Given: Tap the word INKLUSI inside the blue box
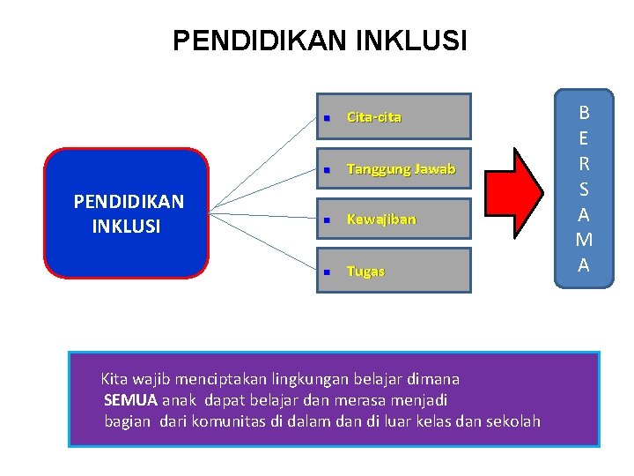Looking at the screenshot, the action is pyautogui.click(x=126, y=226).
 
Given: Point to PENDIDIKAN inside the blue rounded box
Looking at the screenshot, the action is pyautogui.click(x=129, y=202).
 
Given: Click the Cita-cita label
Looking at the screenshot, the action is pyautogui.click(x=374, y=117).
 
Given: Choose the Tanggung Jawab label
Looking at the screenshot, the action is pyautogui.click(x=401, y=168).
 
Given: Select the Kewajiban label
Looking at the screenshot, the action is pyautogui.click(x=381, y=219).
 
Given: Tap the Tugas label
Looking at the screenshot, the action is pyautogui.click(x=365, y=271).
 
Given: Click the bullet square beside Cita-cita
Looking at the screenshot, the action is pyautogui.click(x=325, y=117).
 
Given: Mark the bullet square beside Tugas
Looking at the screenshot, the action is pyautogui.click(x=325, y=272).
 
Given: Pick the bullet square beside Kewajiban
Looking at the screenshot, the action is pyautogui.click(x=325, y=219).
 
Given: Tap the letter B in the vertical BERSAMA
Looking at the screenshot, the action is pyautogui.click(x=583, y=113).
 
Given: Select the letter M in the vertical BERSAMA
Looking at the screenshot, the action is pyautogui.click(x=583, y=241).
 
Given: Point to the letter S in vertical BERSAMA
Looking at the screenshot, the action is pyautogui.click(x=583, y=190).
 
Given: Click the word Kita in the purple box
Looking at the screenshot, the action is pyautogui.click(x=114, y=379).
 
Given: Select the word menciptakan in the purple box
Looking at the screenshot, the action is pyautogui.click(x=217, y=379).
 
